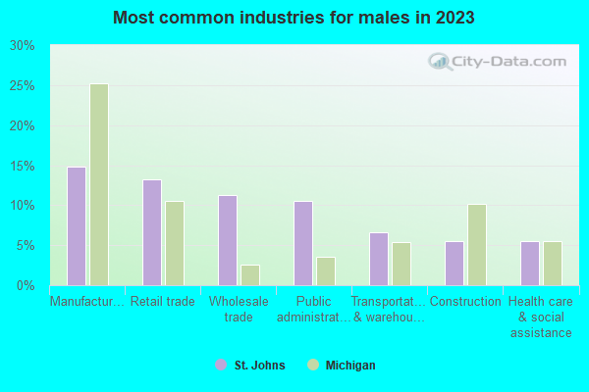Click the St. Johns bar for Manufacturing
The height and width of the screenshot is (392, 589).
(x=76, y=226)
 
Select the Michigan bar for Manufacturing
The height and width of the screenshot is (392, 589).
(x=99, y=184)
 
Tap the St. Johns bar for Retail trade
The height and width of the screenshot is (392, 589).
(x=151, y=232)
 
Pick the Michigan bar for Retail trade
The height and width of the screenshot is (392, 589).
(x=175, y=243)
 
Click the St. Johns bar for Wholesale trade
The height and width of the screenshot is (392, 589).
(x=227, y=240)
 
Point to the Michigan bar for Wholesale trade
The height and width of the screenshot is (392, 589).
(x=250, y=275)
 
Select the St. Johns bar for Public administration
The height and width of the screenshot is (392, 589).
(x=303, y=243)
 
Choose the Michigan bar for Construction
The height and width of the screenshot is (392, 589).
(x=477, y=245)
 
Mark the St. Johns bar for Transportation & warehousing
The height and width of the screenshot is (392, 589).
(x=379, y=259)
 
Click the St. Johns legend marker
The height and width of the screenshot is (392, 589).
(x=221, y=366)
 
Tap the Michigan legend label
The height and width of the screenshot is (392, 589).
(x=350, y=366)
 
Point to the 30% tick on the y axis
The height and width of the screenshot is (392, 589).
(x=21, y=46)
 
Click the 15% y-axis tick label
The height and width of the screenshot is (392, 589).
(x=21, y=166)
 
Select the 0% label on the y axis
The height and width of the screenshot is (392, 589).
(x=25, y=285)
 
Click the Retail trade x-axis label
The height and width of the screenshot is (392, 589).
(x=163, y=302)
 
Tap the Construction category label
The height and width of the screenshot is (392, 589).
(x=465, y=302)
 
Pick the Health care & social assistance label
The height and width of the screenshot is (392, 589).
(x=541, y=317)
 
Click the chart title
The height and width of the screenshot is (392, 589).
(x=294, y=18)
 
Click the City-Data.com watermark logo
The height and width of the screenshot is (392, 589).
(x=498, y=63)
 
